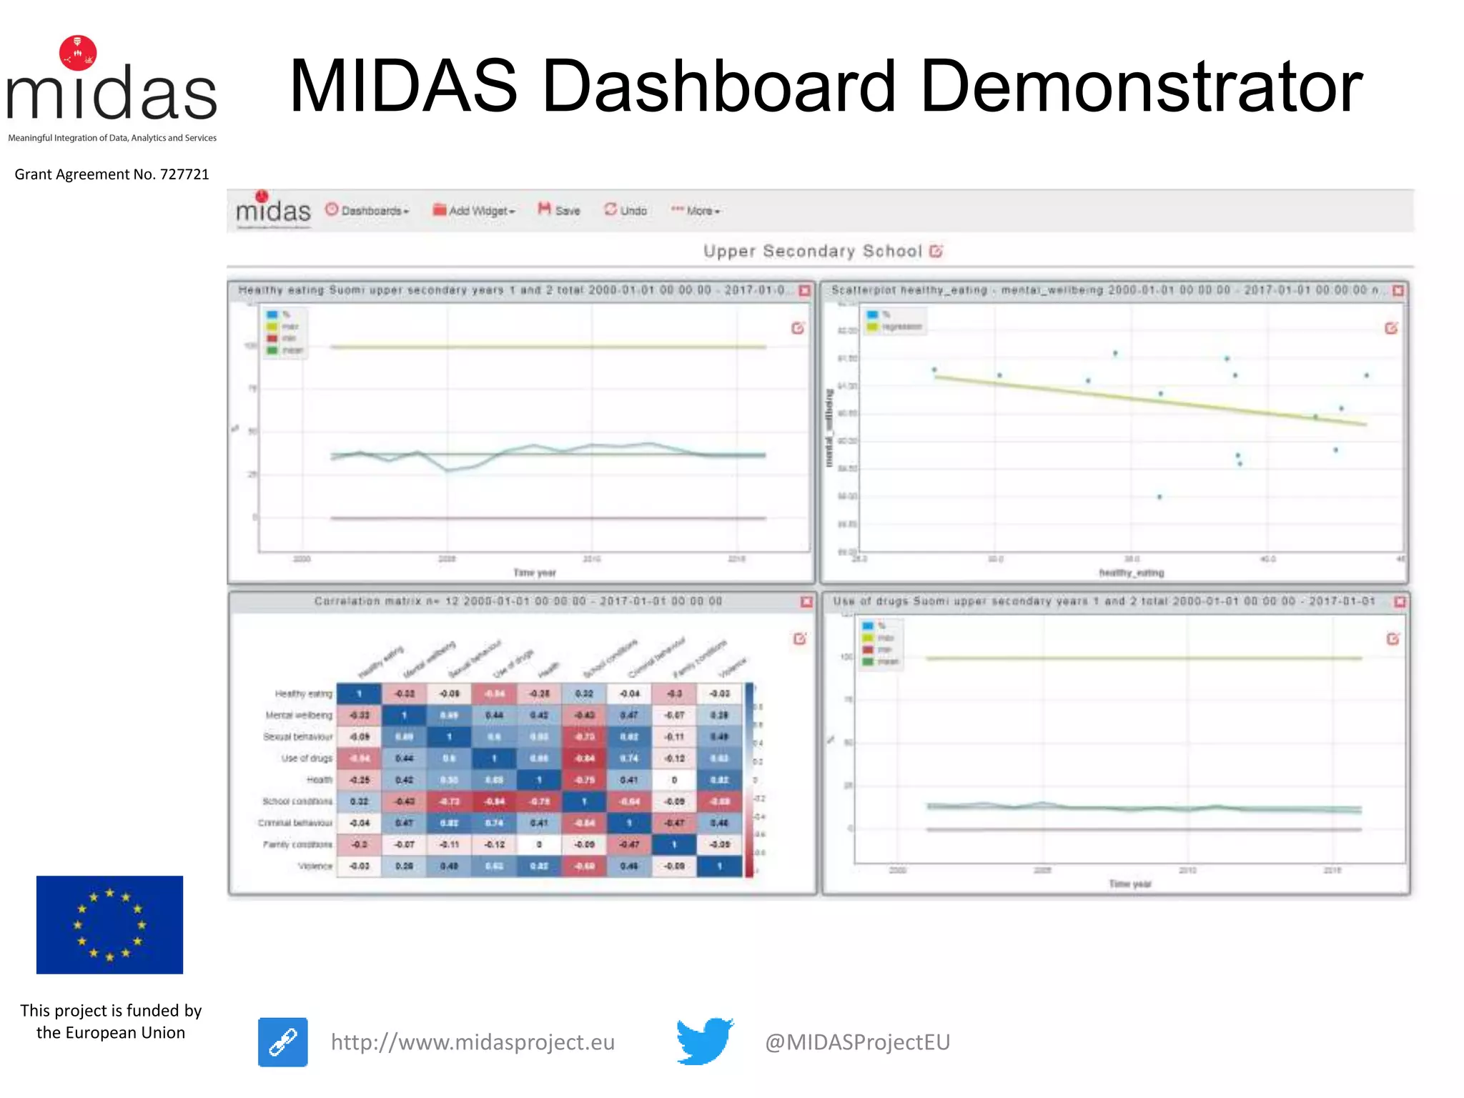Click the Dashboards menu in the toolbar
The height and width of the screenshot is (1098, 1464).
(367, 210)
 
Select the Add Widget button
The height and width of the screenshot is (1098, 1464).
(474, 210)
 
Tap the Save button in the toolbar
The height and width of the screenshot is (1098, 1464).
(559, 210)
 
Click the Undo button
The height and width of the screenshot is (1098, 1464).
(625, 210)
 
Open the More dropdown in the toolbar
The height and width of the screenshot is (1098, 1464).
(696, 210)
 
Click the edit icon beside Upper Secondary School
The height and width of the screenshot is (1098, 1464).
(936, 251)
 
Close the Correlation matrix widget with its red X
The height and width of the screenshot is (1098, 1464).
(806, 602)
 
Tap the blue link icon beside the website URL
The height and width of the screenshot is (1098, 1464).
(283, 1042)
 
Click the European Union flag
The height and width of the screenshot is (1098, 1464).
(109, 924)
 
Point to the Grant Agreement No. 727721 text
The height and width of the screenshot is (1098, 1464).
(112, 174)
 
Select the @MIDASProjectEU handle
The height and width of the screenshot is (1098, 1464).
(857, 1042)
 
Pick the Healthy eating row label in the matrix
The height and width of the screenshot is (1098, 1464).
(304, 693)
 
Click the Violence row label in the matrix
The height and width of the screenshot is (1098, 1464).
(315, 866)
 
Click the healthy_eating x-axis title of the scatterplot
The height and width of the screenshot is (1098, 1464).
(1131, 573)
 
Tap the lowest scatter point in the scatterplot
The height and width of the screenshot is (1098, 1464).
(1159, 497)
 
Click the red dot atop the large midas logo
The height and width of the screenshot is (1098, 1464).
(78, 53)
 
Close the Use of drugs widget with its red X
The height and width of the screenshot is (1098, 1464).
(1400, 602)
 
